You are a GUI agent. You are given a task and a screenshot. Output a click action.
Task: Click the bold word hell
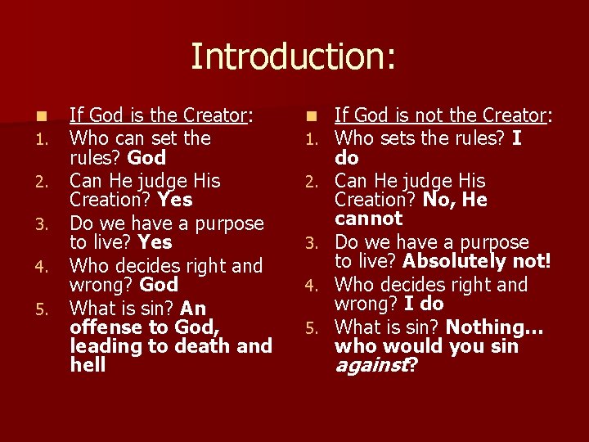pos(88,365)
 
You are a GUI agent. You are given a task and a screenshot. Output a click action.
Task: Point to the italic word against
pos(371,365)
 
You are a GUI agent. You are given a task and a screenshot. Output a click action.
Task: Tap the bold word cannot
pos(369,219)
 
